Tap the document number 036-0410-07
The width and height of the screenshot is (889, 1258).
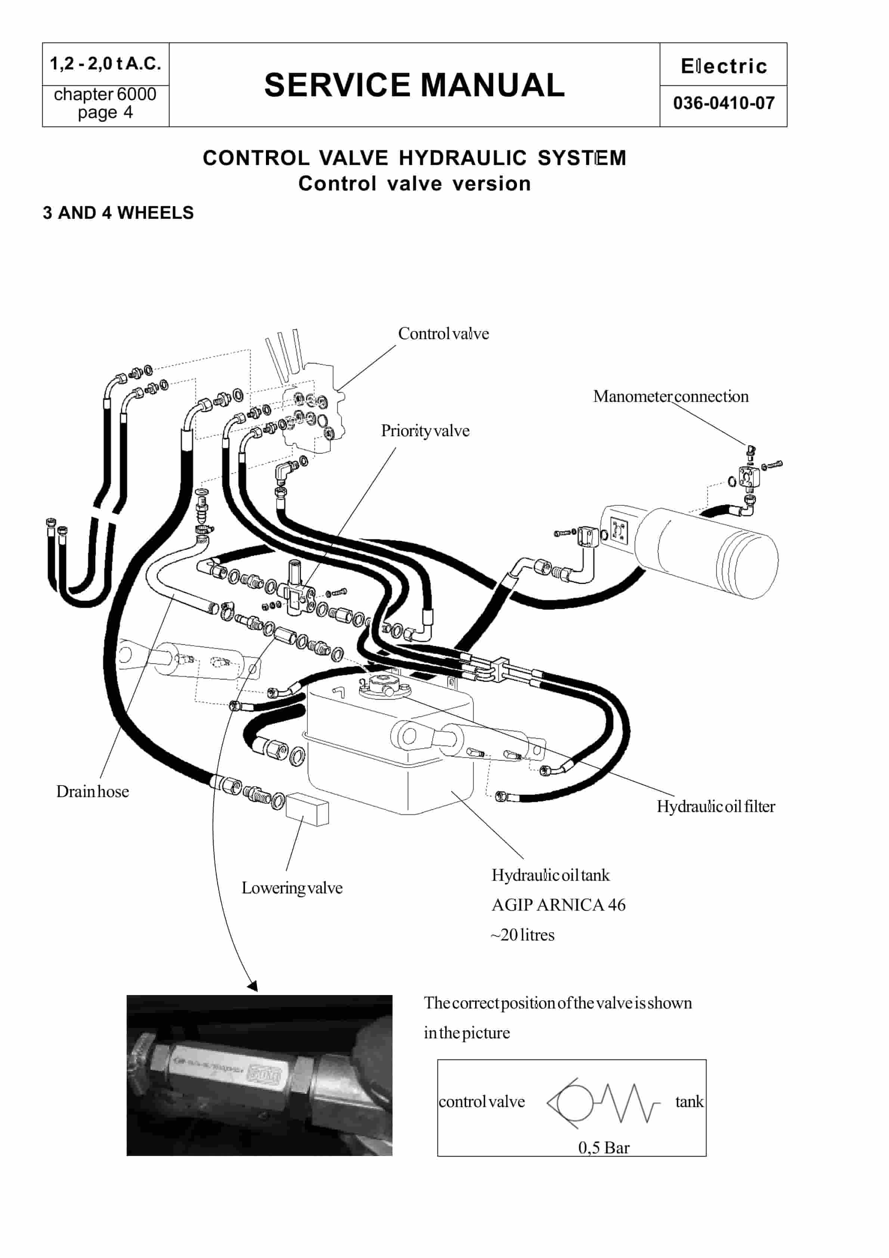click(724, 103)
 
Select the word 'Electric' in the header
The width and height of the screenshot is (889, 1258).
click(724, 66)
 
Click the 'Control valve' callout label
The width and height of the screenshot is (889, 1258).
click(443, 334)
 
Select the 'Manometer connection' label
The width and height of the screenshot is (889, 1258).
click(670, 396)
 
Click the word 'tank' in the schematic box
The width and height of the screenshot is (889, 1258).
click(688, 1102)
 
